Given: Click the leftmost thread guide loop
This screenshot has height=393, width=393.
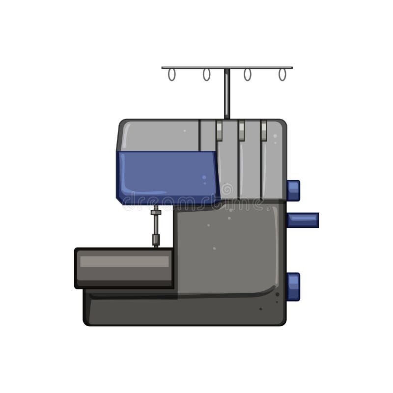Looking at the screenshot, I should pos(171,75).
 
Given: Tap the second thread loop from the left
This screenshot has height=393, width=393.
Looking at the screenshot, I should pos(206,75).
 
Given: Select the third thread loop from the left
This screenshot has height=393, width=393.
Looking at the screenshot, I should pos(247,75).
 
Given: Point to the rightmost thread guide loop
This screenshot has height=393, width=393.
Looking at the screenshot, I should pos(282,75).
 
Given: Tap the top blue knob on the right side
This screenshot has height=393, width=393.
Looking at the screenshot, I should pos(293,191).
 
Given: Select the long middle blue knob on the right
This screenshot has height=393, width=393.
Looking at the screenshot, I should pos(303,220).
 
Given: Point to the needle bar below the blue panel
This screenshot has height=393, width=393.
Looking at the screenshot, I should pos(156,228).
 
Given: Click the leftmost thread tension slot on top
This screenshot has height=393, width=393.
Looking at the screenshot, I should pos(219,131).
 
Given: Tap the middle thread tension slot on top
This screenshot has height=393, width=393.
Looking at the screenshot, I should pos(241,131).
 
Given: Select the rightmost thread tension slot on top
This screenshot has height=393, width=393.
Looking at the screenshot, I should pos(264,131).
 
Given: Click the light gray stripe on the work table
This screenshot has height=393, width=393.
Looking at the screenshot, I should pos(124,262).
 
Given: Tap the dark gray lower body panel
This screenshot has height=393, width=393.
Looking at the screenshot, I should pos(226,246).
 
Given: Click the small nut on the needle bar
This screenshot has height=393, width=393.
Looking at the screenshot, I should pos(156,212).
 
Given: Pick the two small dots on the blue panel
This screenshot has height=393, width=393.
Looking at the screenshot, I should pos(204,180).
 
